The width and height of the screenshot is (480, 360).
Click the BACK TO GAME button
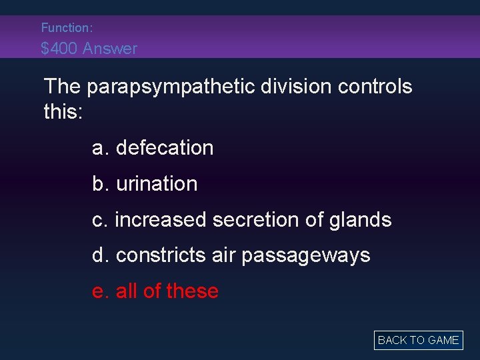[x=418, y=340]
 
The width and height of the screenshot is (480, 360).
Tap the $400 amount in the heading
[x=58, y=49]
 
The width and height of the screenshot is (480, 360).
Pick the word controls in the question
[x=379, y=87]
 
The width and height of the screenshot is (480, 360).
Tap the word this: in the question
[x=63, y=111]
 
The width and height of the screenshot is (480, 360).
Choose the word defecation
[x=165, y=147]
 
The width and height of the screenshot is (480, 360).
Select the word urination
[x=157, y=183]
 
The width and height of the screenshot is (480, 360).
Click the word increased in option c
[x=161, y=219]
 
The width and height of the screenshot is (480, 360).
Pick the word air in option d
[x=224, y=255]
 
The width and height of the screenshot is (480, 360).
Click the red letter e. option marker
[x=101, y=291]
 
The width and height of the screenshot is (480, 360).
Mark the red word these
[x=193, y=291]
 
